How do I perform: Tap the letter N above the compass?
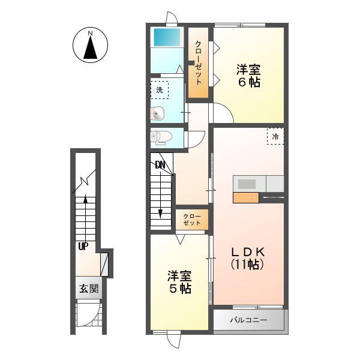pos(90,33)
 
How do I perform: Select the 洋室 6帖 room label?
pos(248,76)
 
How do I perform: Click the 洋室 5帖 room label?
pos(179,282)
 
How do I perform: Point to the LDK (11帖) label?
pos(248,259)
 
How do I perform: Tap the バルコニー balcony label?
pos(248,320)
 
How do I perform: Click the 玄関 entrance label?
pos(89,289)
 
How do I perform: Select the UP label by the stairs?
pos(83,247)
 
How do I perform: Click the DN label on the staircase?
pos(160,164)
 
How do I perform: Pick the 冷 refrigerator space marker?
pos(275,136)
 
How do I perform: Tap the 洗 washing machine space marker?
pos(160,90)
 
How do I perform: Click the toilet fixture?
pos(161,137)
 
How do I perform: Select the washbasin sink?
pos(157,113)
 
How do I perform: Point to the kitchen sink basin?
pos(247,184)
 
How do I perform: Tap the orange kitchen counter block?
pos(246,197)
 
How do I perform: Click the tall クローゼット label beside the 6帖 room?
pos(198,62)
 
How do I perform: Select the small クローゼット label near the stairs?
pos(192,220)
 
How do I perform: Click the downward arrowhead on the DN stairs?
pos(160,214)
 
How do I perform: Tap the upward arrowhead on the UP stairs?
pos(85,199)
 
